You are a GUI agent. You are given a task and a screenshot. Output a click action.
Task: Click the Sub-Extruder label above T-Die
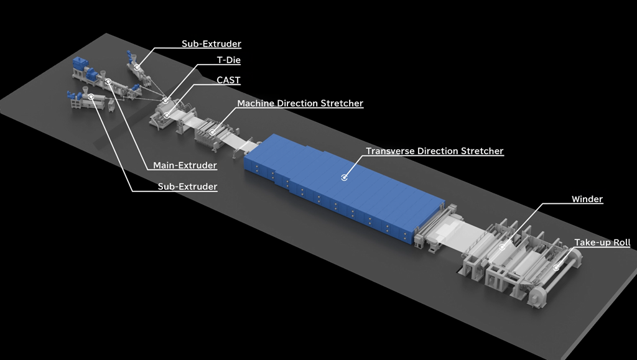tap(212, 44)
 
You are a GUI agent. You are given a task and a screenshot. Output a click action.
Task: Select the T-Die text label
tap(229, 60)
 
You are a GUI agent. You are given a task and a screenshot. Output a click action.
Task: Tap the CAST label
tap(228, 80)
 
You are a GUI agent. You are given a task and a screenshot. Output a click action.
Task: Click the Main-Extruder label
tap(185, 165)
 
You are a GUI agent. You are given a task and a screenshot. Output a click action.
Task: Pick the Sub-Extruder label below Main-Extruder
tap(187, 187)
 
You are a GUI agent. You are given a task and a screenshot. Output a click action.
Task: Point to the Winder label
tap(587, 199)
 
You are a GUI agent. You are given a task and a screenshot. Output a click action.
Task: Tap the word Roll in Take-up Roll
tap(621, 242)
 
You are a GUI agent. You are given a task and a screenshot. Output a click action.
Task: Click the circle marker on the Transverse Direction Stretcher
tap(344, 177)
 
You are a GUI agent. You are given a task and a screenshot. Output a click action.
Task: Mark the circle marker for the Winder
tap(502, 247)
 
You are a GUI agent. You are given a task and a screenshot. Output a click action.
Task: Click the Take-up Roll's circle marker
tap(556, 267)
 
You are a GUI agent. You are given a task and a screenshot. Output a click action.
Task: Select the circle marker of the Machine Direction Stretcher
tap(212, 132)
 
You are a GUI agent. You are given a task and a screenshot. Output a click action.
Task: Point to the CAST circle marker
tap(167, 116)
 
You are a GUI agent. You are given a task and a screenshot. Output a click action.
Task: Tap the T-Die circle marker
tap(165, 100)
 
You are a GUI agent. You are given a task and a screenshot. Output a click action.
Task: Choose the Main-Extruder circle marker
tap(108, 82)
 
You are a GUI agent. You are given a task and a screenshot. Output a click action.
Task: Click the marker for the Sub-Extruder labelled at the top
tap(137, 67)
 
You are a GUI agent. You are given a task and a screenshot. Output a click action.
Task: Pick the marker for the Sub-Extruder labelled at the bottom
tap(91, 96)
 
